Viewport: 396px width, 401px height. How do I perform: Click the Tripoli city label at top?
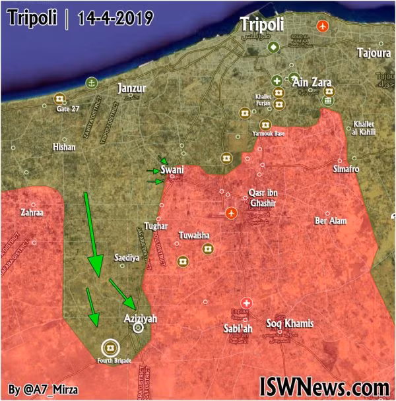coord(263,24)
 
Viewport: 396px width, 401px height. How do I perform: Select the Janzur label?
coord(131,88)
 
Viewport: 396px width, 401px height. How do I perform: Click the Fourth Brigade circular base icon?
coord(110,346)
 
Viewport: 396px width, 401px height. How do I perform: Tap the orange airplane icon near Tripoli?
coord(322,26)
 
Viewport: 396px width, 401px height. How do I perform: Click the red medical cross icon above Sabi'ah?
coord(246,300)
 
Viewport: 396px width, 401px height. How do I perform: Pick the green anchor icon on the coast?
coord(92,82)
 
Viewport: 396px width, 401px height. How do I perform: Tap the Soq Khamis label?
coord(289,323)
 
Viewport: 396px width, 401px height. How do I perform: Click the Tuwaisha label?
coord(195,235)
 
